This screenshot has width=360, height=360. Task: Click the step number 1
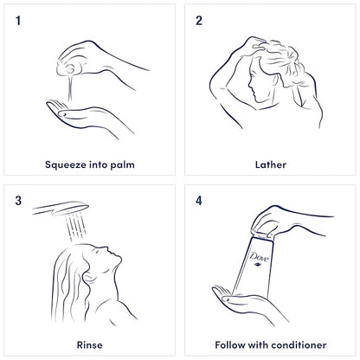coord(18,21)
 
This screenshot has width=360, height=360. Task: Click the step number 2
coord(199,21)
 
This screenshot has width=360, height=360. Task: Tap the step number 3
coord(18,201)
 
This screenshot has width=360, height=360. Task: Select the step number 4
coord(199,201)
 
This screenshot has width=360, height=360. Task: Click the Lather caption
coord(271,164)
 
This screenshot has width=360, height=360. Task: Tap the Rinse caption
coord(89,345)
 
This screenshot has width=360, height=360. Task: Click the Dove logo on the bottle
coord(259,258)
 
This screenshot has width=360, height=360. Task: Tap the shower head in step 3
coord(61,209)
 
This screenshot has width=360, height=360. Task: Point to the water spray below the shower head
coord(75,227)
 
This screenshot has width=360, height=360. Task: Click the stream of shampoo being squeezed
coord(69,87)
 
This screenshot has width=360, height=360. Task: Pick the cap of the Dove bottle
coord(262,234)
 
